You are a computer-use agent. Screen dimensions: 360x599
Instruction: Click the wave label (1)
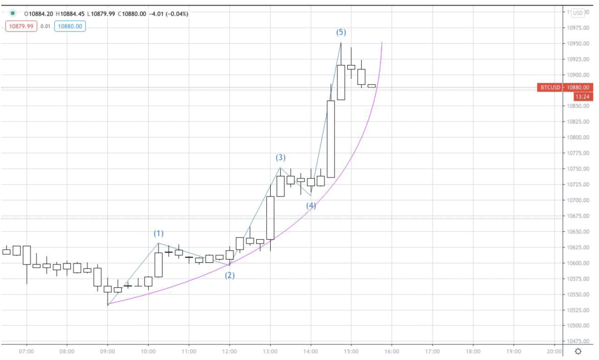(159, 234)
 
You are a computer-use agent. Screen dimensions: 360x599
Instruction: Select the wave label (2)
(230, 275)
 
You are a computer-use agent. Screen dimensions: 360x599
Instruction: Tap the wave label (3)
(281, 158)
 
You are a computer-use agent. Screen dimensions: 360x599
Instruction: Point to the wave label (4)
(311, 206)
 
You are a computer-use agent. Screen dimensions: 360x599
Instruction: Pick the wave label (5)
(341, 33)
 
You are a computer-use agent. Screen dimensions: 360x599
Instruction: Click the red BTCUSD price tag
(550, 88)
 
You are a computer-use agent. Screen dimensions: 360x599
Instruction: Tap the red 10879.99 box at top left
(21, 26)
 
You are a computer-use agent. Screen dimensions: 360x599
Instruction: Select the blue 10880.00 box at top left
(70, 26)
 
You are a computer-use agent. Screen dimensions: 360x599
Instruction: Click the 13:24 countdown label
(582, 97)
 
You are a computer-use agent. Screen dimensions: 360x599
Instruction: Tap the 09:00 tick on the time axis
(108, 351)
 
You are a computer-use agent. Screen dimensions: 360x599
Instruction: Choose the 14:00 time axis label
(311, 351)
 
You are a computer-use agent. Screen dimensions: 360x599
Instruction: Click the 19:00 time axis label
(514, 351)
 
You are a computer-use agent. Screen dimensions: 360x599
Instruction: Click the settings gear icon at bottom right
(578, 351)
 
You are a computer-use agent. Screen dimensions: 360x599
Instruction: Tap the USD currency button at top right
(578, 13)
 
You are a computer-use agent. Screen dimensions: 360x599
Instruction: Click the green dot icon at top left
(12, 13)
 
